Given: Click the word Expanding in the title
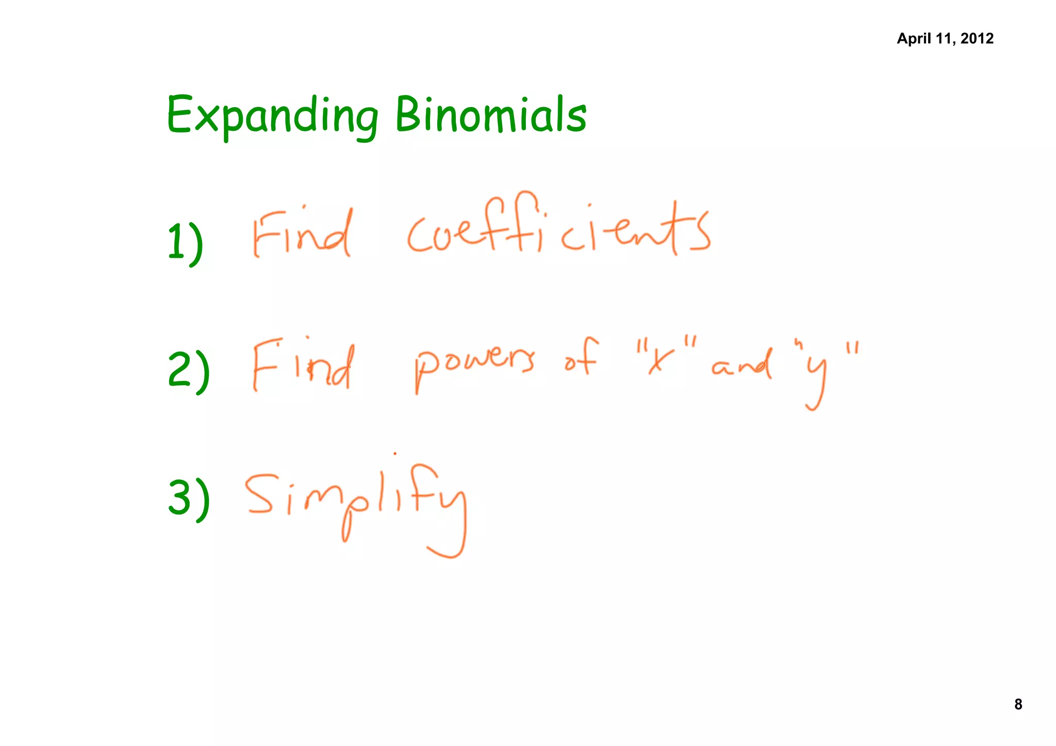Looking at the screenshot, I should click(x=272, y=115).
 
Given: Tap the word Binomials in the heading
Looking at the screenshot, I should click(x=491, y=114).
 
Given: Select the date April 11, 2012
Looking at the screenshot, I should click(x=945, y=39).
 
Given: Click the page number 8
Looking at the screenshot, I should click(x=1018, y=704).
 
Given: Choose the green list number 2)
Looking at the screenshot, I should click(x=189, y=369).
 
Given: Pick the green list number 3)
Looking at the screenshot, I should click(x=189, y=497).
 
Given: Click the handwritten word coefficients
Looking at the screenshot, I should click(x=558, y=229).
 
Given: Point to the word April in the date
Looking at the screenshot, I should click(x=914, y=39).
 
